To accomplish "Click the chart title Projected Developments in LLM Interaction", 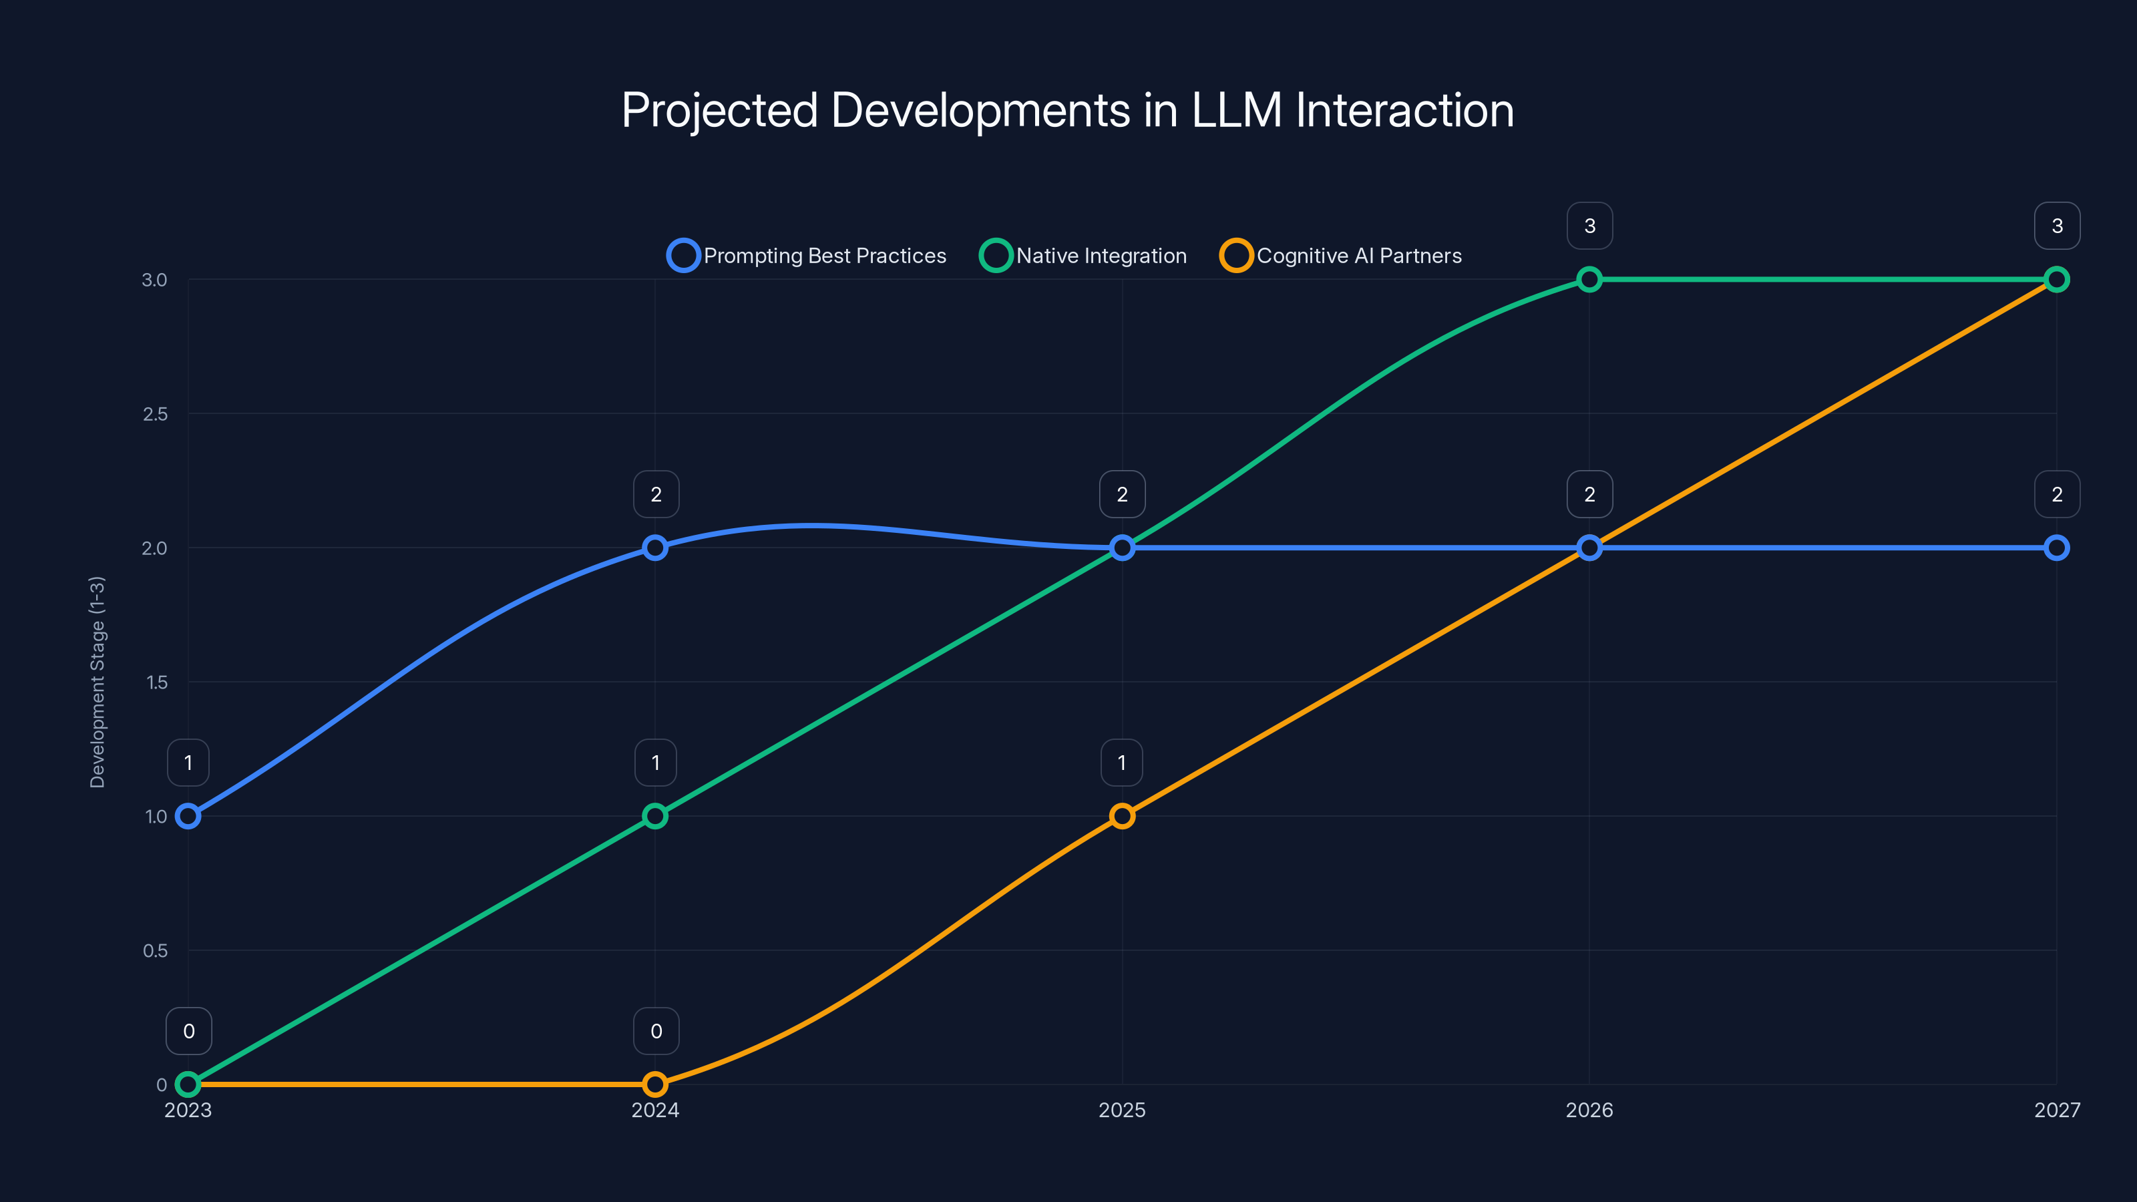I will pos(1068,110).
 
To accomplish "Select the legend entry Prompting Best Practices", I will pos(807,256).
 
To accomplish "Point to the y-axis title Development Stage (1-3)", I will pos(97,681).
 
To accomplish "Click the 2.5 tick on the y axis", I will pos(155,414).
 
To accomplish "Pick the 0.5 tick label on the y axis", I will pos(155,951).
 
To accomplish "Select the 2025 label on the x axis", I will pos(1122,1110).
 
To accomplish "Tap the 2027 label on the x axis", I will pos(2057,1110).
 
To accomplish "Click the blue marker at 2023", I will pos(188,816).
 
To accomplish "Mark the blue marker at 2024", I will pos(655,548).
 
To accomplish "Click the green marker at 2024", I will pos(655,816).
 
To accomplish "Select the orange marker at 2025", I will pos(1122,816).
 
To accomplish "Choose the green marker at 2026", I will pos(1589,280).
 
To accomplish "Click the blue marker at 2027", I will pos(2057,548).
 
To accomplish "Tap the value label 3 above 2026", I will pos(1589,226).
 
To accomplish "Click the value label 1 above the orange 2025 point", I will pos(1122,763).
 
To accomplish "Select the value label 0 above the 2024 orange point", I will pos(655,1031).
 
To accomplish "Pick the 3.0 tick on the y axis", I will pos(155,280).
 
